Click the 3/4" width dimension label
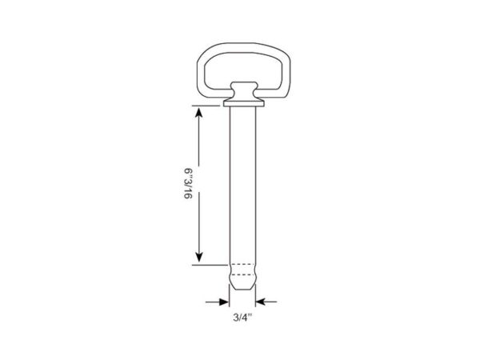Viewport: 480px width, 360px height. coord(242,317)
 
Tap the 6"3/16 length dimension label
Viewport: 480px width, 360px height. coord(188,183)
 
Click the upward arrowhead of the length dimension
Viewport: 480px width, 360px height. coord(199,113)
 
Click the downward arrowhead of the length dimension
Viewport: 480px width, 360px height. coord(199,257)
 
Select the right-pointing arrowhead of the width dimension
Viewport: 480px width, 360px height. coord(224,302)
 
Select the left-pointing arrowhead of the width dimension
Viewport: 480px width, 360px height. coord(261,302)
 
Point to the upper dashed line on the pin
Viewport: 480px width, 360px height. coord(242,264)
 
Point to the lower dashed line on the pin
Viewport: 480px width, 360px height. coord(242,274)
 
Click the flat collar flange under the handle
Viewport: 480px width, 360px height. coord(244,103)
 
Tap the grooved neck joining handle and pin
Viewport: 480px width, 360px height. coord(244,90)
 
